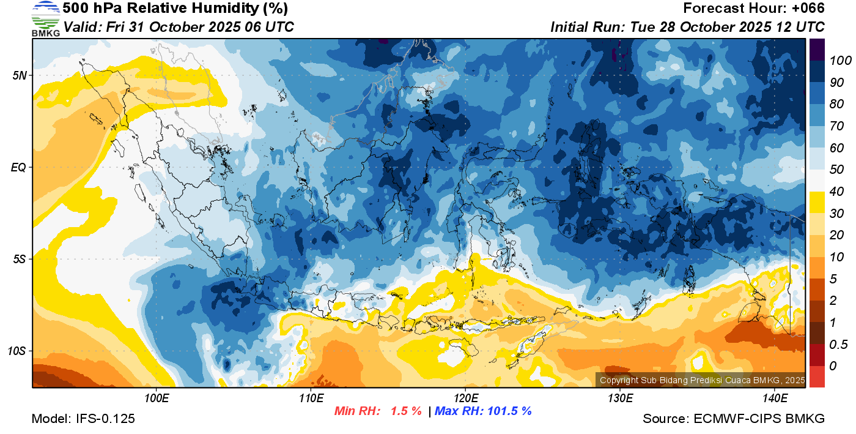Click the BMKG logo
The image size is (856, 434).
tap(45, 18)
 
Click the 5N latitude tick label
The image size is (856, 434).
tap(19, 75)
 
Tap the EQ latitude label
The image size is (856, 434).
tap(18, 167)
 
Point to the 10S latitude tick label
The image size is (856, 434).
tap(17, 351)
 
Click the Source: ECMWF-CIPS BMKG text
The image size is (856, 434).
tap(734, 419)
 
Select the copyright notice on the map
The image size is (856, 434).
tap(702, 380)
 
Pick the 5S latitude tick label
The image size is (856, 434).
tap(19, 260)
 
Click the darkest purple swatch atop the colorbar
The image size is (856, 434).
tap(816, 49)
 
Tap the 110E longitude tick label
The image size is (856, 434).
tap(311, 398)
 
